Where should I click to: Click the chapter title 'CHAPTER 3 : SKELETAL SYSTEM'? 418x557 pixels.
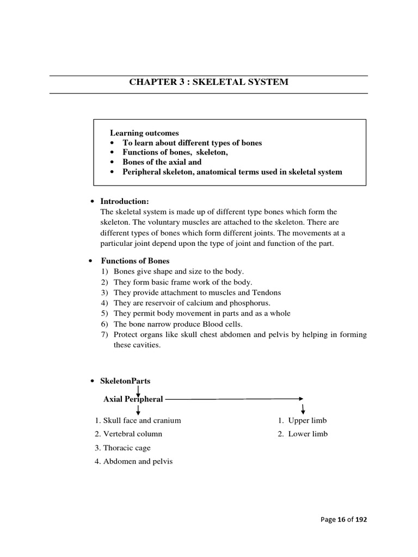click(208, 82)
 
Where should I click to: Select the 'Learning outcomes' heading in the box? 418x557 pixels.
click(144, 133)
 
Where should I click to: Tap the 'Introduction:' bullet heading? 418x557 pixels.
click(125, 201)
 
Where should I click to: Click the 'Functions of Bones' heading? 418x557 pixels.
click(135, 261)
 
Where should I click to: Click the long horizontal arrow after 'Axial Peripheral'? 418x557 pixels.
click(234, 399)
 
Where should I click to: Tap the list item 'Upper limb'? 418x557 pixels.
click(308, 420)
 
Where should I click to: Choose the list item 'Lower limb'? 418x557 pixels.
click(308, 434)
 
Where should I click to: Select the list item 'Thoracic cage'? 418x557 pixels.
click(126, 448)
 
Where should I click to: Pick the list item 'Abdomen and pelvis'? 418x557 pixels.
click(134, 462)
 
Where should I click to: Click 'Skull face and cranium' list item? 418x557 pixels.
click(141, 420)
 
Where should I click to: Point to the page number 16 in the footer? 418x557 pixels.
click(343, 519)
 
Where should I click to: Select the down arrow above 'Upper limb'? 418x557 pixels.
click(302, 408)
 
